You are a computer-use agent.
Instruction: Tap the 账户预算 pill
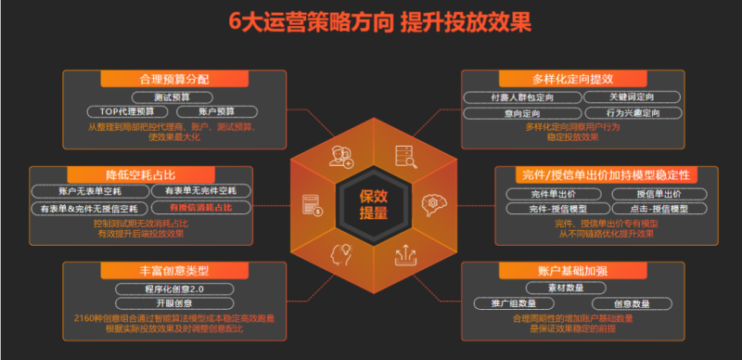pyautogui.click(x=216, y=111)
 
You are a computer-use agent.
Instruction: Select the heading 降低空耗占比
pyautogui.click(x=140, y=175)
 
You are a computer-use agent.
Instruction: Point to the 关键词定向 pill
pyautogui.click(x=632, y=96)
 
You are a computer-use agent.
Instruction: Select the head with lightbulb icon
pyautogui.click(x=340, y=252)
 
